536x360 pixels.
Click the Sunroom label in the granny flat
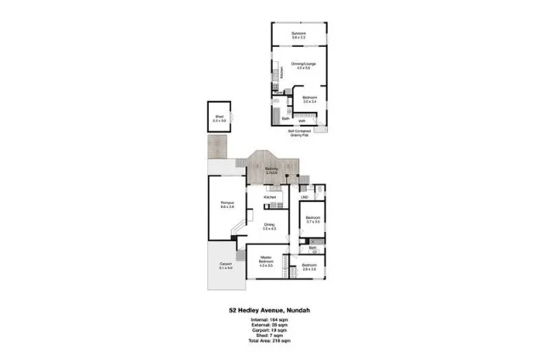[298, 35]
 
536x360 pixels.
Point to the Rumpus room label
[227, 204]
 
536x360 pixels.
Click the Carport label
[225, 266]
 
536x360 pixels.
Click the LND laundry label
[304, 198]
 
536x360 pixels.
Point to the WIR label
[302, 121]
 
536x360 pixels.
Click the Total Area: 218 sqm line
[268, 340]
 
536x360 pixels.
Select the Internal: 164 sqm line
[268, 318]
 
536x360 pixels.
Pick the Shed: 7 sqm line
[268, 335]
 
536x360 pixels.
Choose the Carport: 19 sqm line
[268, 329]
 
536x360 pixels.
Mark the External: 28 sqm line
[268, 323]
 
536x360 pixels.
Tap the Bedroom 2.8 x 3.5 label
[309, 267]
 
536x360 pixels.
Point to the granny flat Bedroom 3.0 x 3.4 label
[309, 99]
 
